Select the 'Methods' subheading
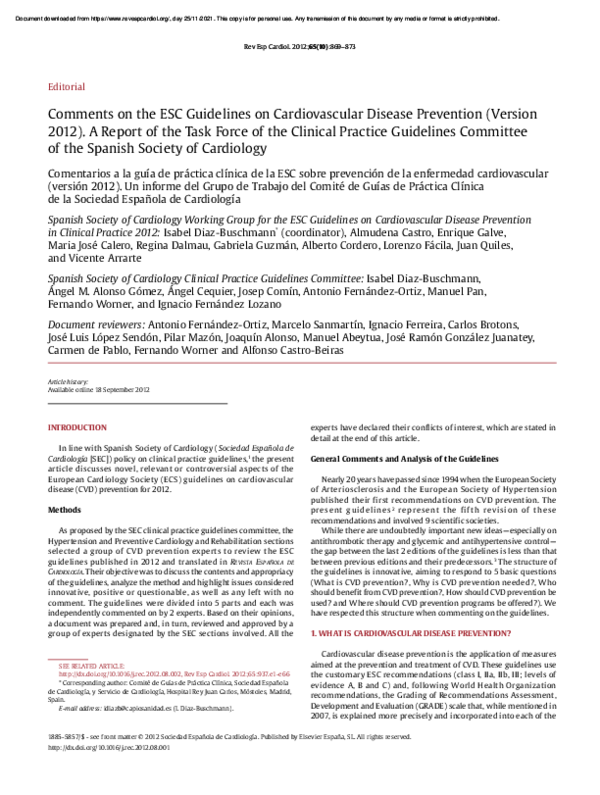[x=65, y=509]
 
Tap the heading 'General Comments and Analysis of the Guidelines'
[x=403, y=457]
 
